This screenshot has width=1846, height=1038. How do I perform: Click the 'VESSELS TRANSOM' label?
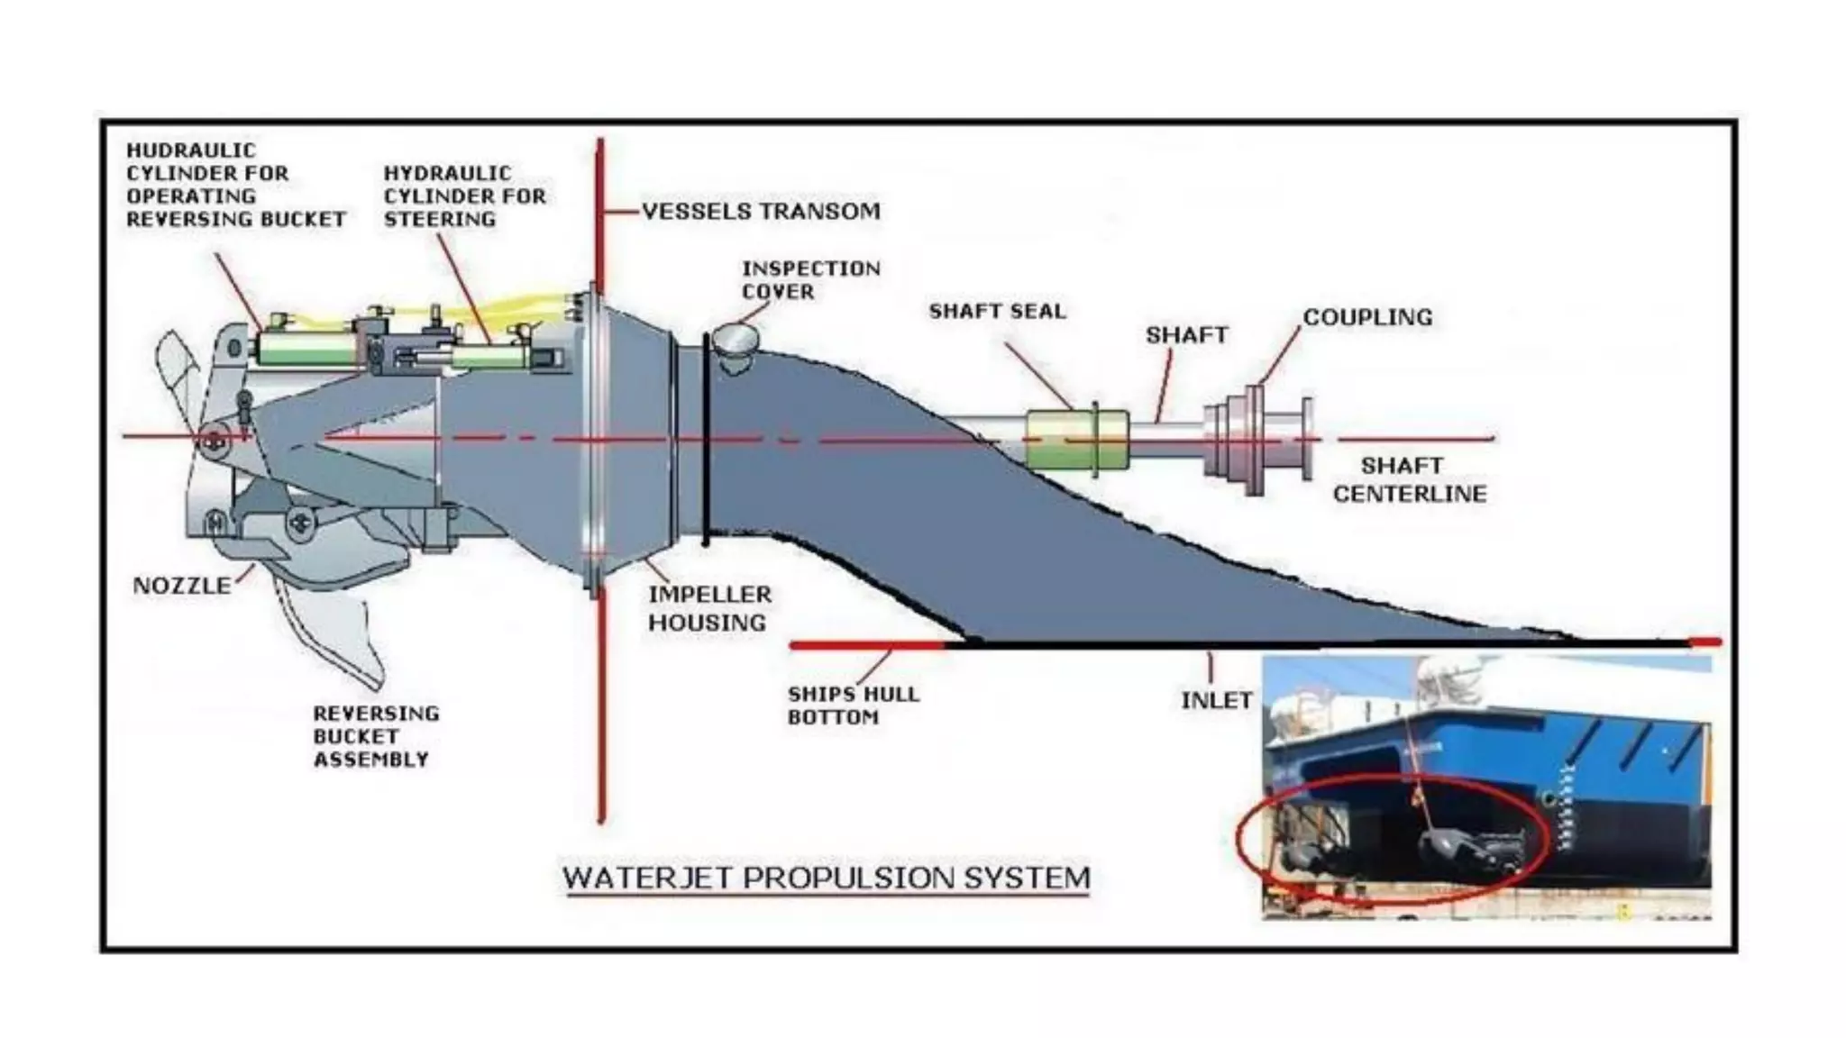[x=761, y=212]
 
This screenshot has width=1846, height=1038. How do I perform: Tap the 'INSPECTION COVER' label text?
[x=810, y=280]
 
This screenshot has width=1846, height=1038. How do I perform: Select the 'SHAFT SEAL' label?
[x=997, y=312]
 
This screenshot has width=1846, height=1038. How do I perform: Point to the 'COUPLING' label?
[x=1367, y=318]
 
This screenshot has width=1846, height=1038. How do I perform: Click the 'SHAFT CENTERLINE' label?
[x=1409, y=479]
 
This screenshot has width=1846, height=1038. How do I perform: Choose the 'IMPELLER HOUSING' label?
[x=709, y=608]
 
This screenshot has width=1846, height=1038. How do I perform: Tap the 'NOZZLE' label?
[x=182, y=586]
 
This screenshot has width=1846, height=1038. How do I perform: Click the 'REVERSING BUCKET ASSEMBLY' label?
[x=376, y=737]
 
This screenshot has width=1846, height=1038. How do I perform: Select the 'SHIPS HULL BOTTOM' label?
[x=853, y=706]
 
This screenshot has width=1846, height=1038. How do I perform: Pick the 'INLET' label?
[x=1216, y=700]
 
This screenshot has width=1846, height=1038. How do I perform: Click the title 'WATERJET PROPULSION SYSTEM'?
[x=827, y=879]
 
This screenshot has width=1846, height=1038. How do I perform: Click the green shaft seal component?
[x=1076, y=440]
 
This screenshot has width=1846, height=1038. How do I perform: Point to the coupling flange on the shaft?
[x=1254, y=440]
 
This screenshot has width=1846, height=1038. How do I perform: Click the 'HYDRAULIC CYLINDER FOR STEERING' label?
[x=464, y=196]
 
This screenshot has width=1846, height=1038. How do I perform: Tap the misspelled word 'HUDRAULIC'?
[x=191, y=150]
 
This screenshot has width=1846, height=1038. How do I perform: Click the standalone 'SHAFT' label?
[x=1186, y=335]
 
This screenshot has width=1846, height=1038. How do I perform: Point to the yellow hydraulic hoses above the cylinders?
[x=505, y=306]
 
